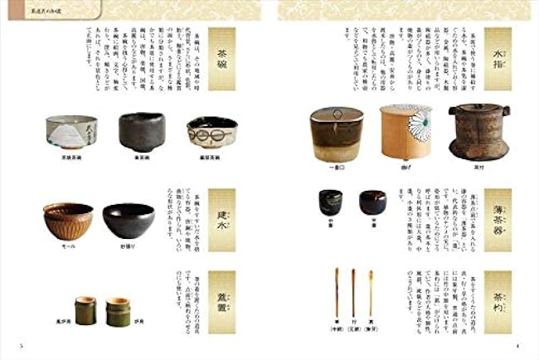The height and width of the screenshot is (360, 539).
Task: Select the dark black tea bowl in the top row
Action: coord(142,131)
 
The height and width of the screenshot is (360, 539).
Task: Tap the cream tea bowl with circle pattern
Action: coord(211,131)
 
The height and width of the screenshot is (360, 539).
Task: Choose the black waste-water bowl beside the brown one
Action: coord(128,220)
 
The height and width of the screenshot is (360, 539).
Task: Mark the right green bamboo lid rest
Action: coord(119,311)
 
